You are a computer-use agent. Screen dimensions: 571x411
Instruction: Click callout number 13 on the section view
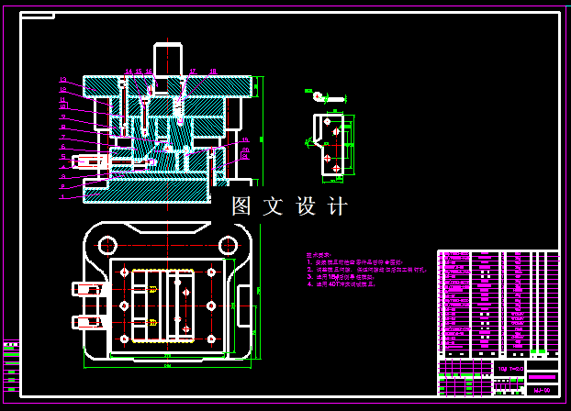pos(63,80)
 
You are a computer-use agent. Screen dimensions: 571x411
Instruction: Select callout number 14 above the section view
pos(129,71)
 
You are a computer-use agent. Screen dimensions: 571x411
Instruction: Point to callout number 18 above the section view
pos(213,71)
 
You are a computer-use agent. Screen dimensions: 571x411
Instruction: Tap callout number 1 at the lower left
pos(62,195)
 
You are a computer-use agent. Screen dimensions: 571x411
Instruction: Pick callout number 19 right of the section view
pos(245,140)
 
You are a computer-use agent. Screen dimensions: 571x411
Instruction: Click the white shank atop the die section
pos(168,59)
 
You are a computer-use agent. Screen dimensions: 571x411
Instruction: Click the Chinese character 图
pos(241,206)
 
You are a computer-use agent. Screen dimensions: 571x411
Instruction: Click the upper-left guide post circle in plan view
pos(107,245)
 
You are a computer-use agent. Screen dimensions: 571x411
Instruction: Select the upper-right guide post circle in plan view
pos(226,245)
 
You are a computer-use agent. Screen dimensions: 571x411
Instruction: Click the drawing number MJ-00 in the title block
pos(542,389)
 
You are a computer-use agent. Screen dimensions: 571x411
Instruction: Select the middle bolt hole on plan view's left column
pos(124,305)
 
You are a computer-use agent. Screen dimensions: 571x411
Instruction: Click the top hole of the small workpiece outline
pos(328,119)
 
